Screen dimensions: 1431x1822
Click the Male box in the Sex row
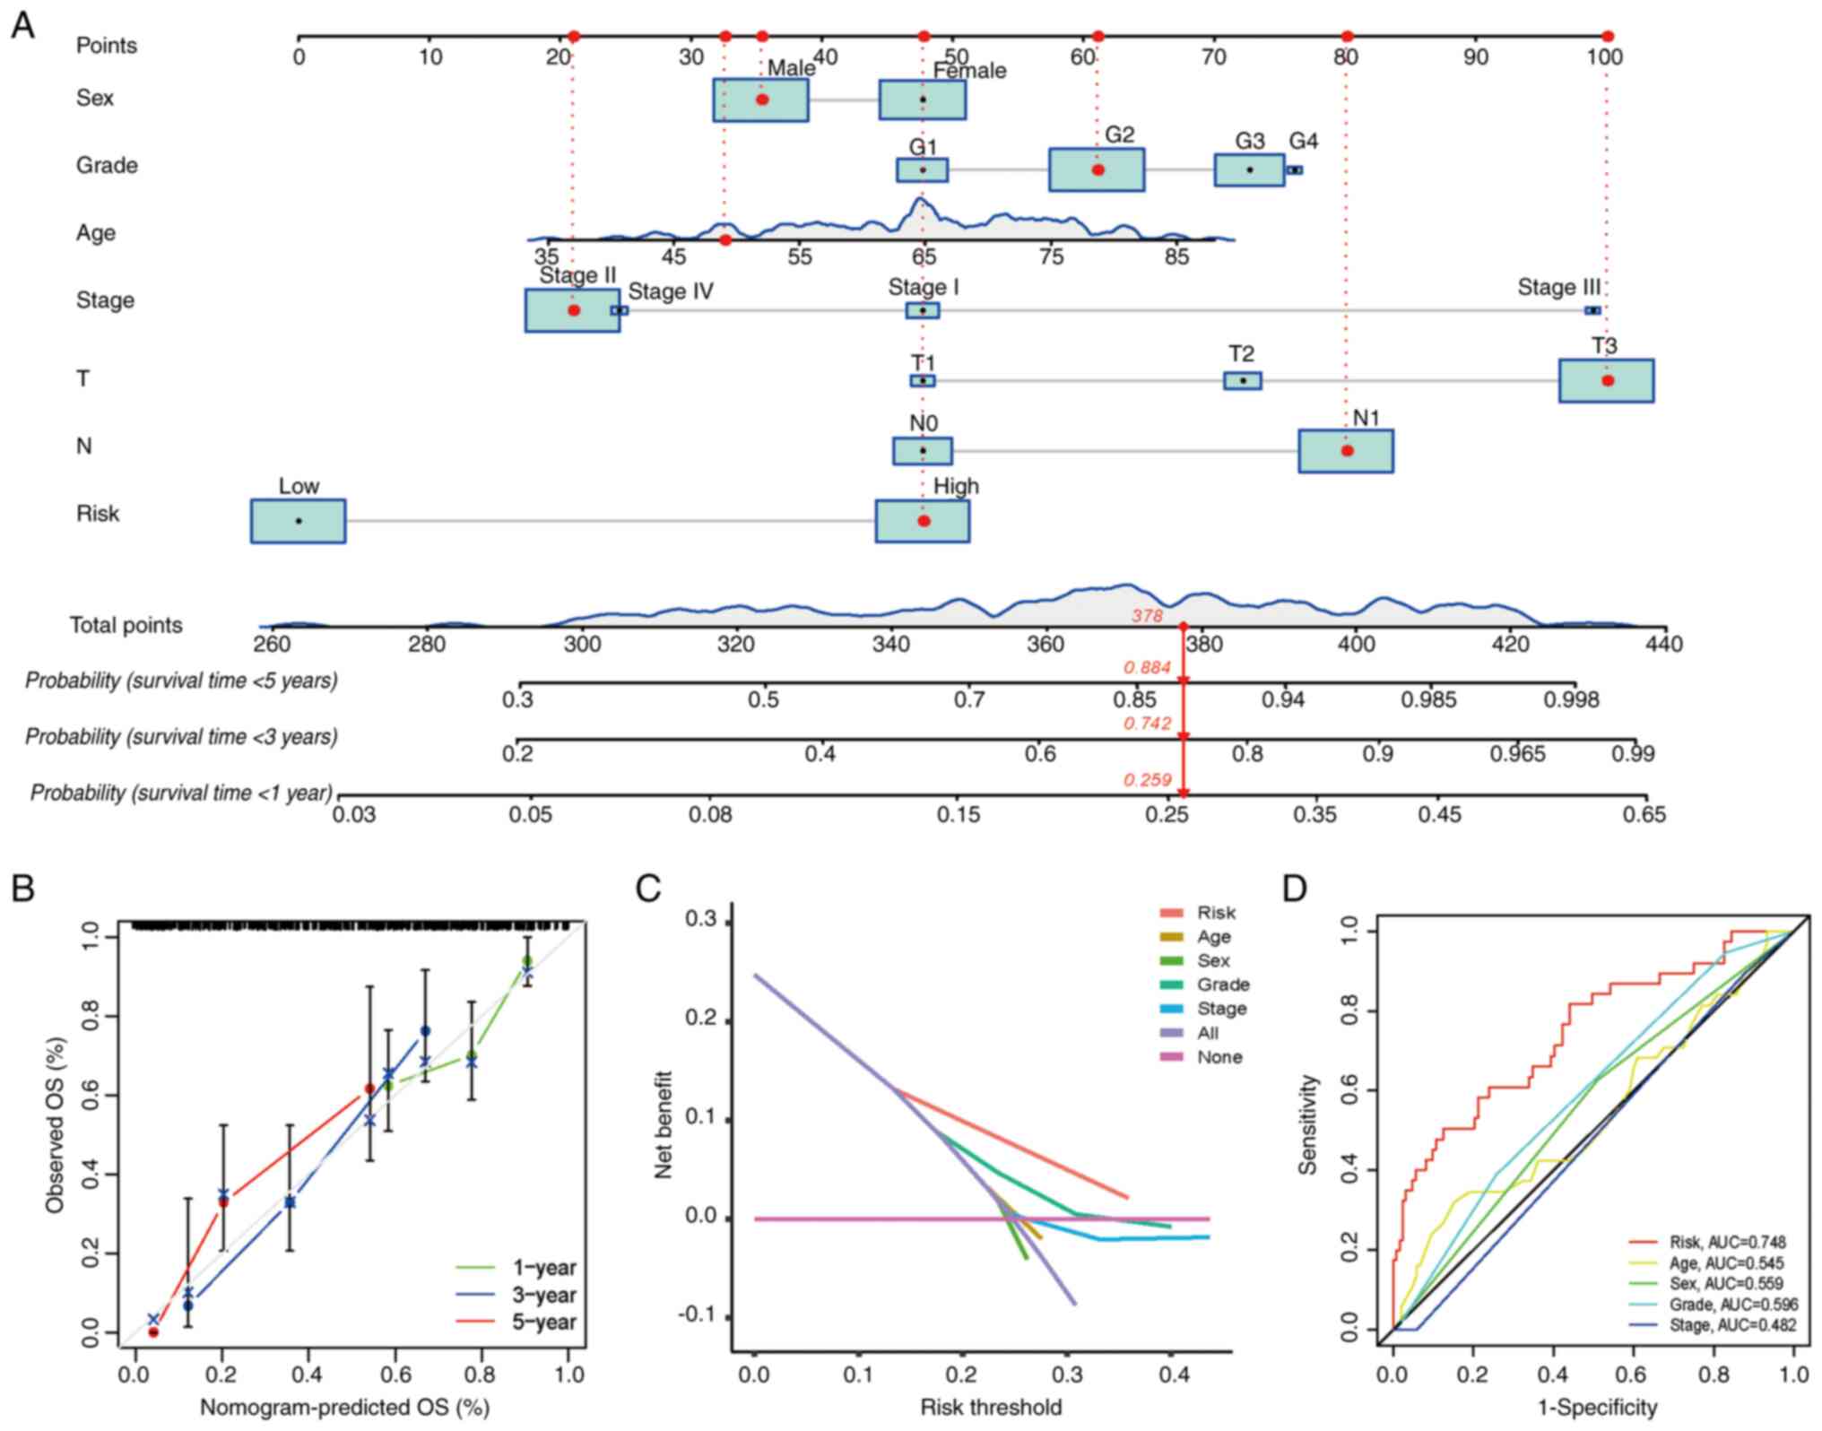click(x=760, y=100)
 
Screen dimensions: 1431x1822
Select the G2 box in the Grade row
click(x=1097, y=169)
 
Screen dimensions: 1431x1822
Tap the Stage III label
click(x=1558, y=288)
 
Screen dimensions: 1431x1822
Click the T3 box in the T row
click(x=1606, y=380)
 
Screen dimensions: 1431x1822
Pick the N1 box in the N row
click(x=1346, y=450)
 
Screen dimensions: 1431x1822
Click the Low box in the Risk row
click(x=298, y=521)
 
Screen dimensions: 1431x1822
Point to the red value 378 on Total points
click(x=1147, y=616)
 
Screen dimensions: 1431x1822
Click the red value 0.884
click(x=1147, y=667)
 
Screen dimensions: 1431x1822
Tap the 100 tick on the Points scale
click(x=1605, y=57)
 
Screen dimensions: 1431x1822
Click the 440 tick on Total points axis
click(x=1664, y=644)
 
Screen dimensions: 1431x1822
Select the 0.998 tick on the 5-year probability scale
click(x=1571, y=699)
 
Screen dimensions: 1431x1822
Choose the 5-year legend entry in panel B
click(x=543, y=1322)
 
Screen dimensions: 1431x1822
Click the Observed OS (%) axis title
click(x=56, y=1124)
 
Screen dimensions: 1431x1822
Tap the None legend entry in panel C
click(x=1219, y=1057)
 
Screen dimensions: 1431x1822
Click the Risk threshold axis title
click(x=991, y=1407)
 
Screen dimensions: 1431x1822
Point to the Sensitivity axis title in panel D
click(x=1308, y=1124)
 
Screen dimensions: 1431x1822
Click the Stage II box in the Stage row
click(x=572, y=310)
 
